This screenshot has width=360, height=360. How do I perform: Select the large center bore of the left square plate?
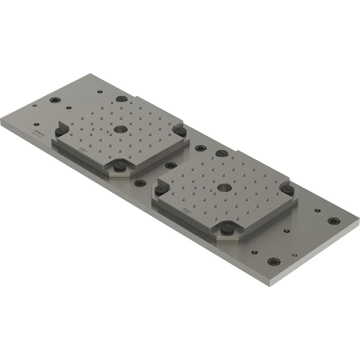(119, 129)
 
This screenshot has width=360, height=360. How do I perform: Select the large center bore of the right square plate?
(224, 187)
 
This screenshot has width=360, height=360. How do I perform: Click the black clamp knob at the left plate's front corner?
(119, 165)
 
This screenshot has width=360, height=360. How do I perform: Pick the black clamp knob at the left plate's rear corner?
(122, 99)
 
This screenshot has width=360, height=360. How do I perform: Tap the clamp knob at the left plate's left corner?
(60, 131)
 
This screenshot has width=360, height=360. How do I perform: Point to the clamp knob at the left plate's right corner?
(180, 131)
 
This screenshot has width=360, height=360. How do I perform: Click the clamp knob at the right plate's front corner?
(227, 228)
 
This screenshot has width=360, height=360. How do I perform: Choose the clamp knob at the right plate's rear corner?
(222, 153)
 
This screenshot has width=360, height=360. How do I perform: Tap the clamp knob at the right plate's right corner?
(287, 190)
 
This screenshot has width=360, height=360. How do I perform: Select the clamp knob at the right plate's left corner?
(161, 190)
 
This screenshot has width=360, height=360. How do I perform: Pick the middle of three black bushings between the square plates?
(171, 165)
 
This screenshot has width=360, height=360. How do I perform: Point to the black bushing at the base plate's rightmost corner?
(334, 221)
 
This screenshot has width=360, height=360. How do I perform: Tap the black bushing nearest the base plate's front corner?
(274, 261)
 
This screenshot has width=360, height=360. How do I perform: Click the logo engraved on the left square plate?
(82, 148)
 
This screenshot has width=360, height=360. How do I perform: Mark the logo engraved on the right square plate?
(186, 208)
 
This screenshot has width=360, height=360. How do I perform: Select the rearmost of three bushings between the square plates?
(201, 148)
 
